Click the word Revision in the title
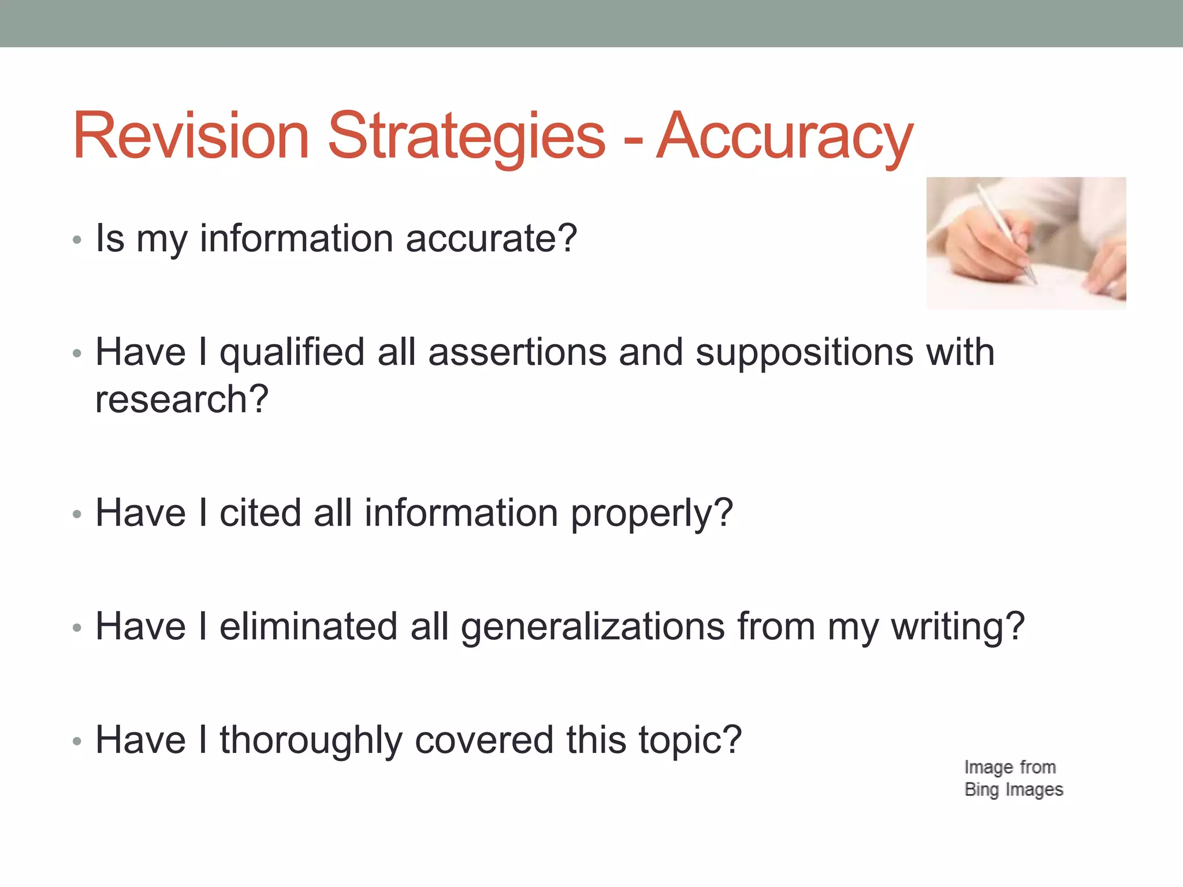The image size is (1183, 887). click(x=191, y=136)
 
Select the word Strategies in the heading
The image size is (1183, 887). click(x=467, y=136)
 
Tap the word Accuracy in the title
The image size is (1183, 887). click(x=785, y=136)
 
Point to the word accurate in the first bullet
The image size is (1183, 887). click(x=491, y=238)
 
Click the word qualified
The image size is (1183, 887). click(x=292, y=352)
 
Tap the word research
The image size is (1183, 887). click(x=181, y=400)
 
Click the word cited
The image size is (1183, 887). click(x=261, y=513)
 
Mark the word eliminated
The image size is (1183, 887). click(x=308, y=627)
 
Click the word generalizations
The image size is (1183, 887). click(x=593, y=627)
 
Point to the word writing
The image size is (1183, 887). click(x=957, y=627)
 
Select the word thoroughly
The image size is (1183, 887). click(x=311, y=740)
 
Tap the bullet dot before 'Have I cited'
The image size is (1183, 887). click(x=77, y=514)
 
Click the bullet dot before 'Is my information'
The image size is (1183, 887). click(x=77, y=240)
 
